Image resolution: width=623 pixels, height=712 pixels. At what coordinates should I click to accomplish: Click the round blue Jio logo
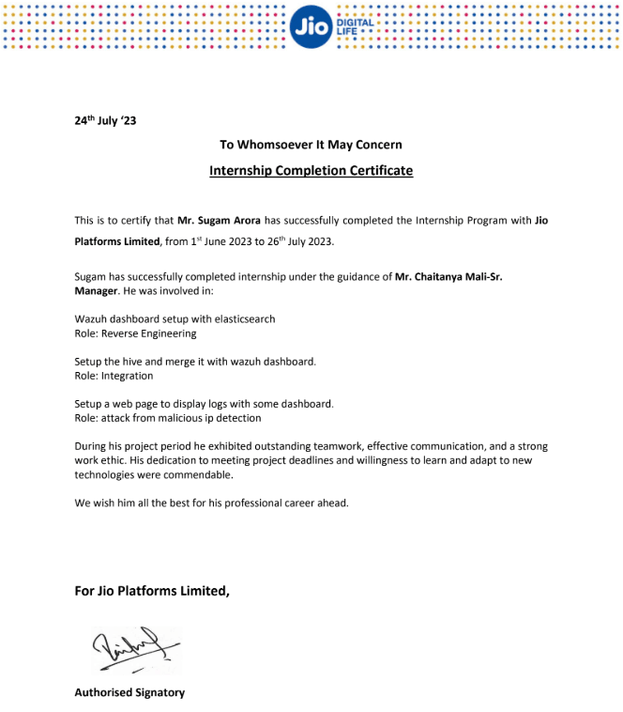coord(311,26)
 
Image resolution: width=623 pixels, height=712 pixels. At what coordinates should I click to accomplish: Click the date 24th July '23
coord(105,120)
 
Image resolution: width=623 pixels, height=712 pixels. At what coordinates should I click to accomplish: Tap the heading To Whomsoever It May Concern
coord(311,145)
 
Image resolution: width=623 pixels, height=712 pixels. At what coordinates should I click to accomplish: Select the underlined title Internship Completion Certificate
coord(311,171)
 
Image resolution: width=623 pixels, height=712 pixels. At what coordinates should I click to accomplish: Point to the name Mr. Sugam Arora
coord(220,221)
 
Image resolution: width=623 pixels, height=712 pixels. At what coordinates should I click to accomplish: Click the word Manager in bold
coord(96,291)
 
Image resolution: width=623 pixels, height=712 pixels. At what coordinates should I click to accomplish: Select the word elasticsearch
coord(243,319)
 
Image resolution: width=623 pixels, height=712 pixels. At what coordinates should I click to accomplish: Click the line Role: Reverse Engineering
coord(135,333)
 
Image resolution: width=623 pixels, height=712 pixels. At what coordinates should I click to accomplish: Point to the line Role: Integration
coord(114,376)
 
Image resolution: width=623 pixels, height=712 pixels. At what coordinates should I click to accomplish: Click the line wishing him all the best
coord(211,503)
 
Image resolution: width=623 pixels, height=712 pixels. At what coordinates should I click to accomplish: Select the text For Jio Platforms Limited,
coord(152,591)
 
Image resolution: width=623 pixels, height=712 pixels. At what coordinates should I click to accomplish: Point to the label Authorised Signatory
coord(129,692)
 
